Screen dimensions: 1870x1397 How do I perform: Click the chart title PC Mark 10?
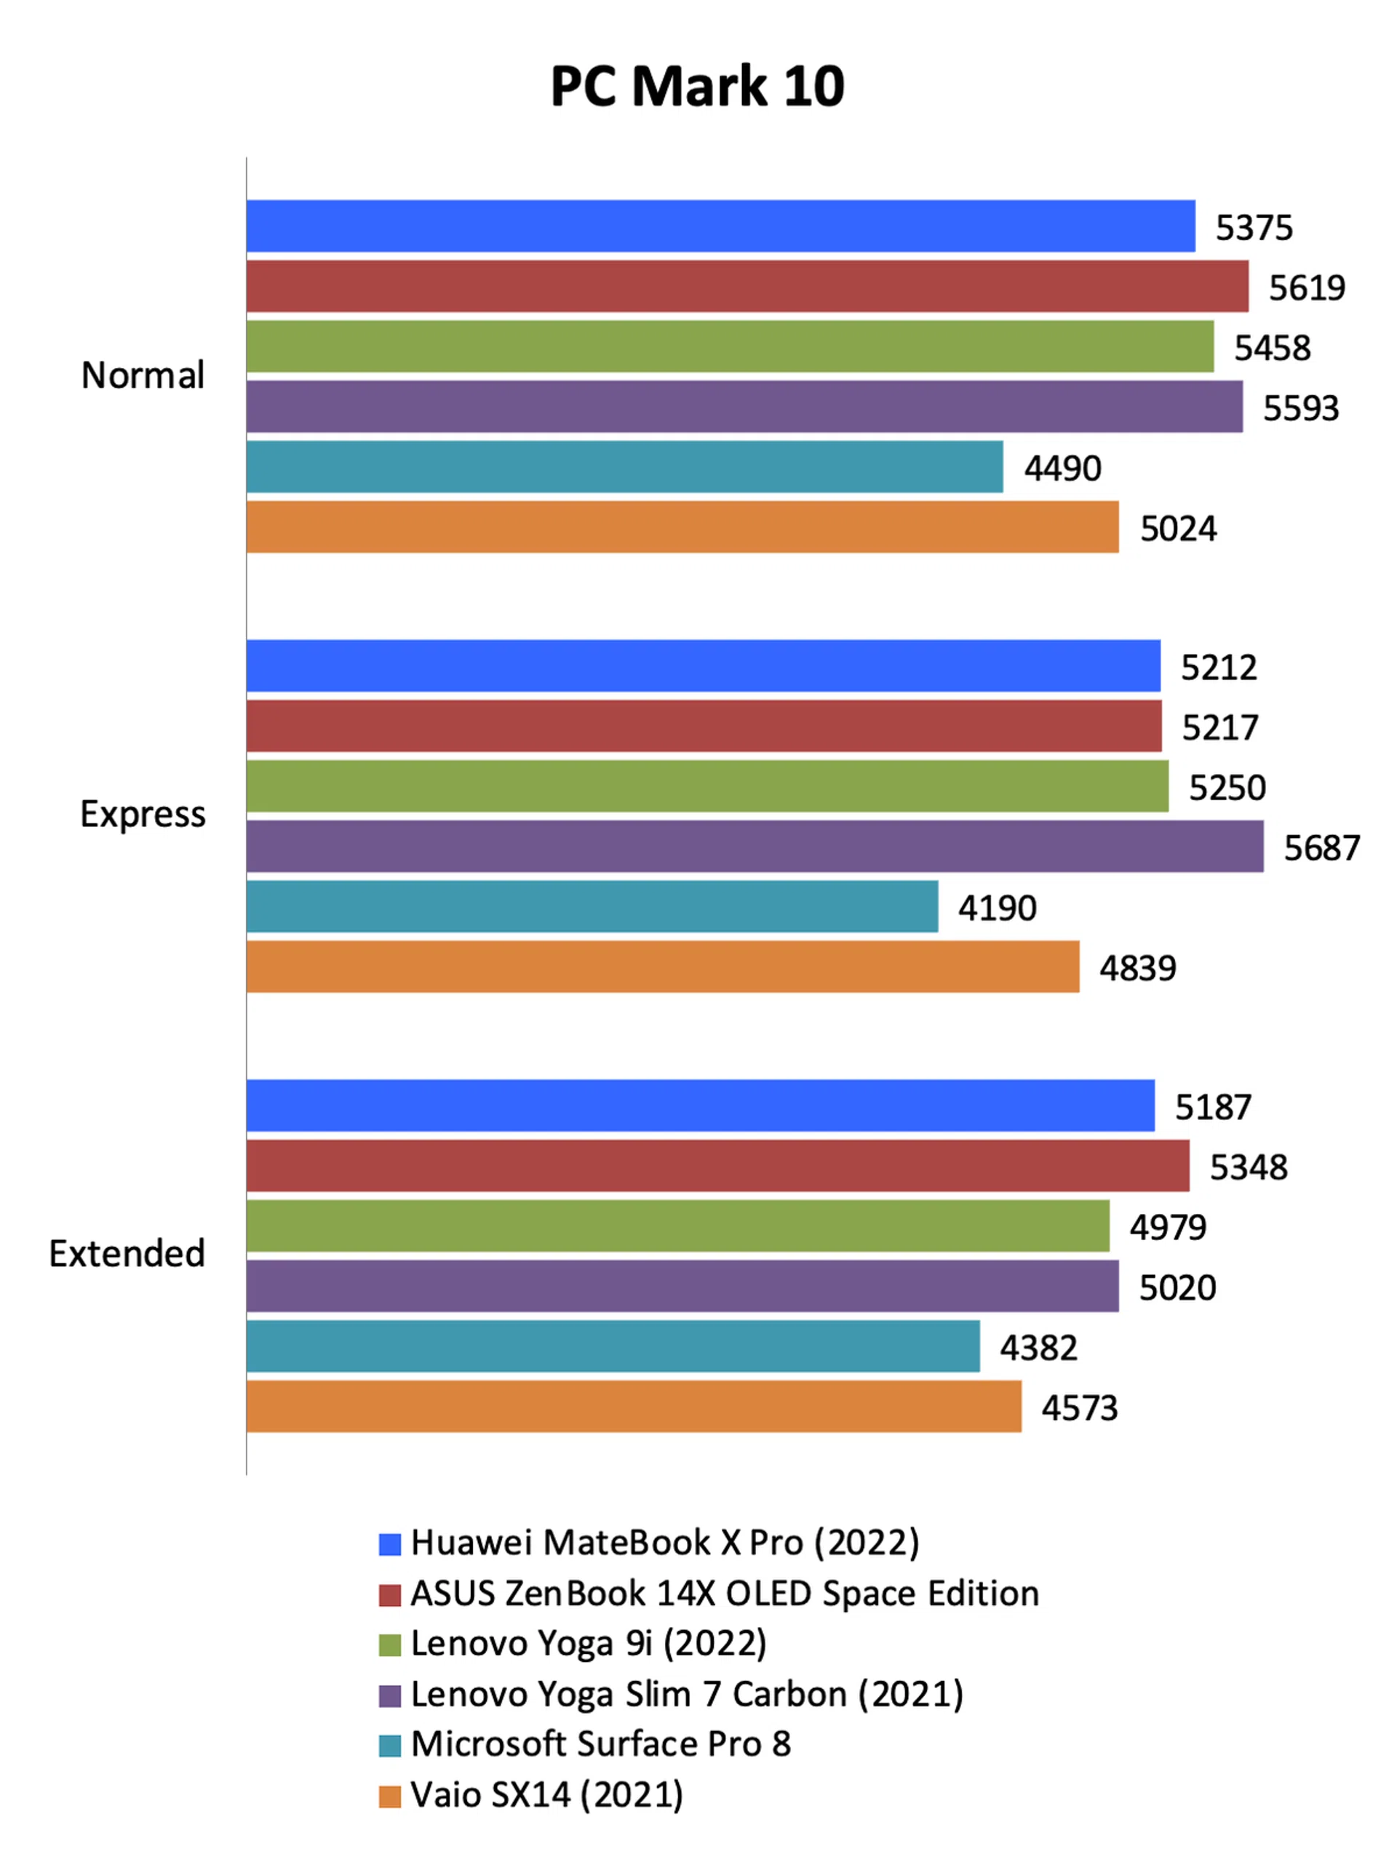(698, 87)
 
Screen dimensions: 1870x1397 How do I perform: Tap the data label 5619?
(1307, 288)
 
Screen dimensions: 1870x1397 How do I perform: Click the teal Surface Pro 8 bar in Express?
(592, 906)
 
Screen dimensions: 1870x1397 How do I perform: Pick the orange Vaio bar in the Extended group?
(634, 1407)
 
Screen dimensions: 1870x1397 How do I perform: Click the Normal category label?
(143, 375)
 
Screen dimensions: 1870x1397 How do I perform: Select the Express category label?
(143, 814)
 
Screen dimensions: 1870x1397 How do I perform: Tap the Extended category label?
(127, 1254)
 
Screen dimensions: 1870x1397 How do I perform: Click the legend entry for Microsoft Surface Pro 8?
(600, 1744)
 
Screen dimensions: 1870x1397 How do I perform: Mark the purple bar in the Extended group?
(682, 1286)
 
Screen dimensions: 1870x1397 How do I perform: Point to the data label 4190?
(997, 908)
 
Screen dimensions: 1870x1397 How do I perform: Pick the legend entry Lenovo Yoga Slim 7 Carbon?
(687, 1694)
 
